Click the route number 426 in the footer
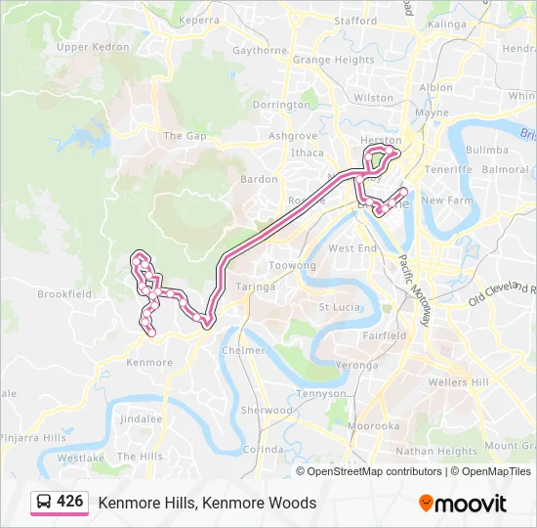pos(69,501)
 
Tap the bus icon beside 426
pos(45,502)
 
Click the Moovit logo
pos(463,504)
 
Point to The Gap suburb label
pos(185,136)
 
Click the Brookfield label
pos(64,293)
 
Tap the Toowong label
pos(292,266)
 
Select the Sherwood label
pos(267,411)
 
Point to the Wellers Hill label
pos(460,381)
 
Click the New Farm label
pos(446,200)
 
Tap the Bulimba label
pos(487,151)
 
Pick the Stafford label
pos(355,21)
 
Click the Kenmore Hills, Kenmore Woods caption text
pos(207,503)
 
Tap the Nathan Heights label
pos(436,452)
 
